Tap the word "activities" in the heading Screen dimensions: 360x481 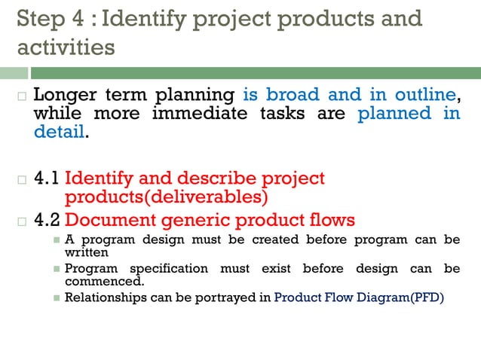66,47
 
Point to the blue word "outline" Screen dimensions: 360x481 424,96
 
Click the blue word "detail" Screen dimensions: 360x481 60,133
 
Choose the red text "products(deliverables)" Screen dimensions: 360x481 167,197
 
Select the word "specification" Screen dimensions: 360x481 170,269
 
